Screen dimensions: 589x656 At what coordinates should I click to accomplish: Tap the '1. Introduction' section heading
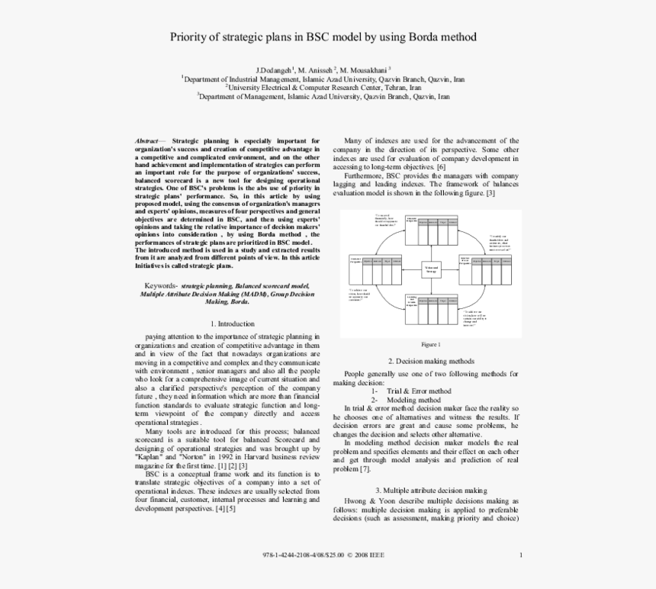230,323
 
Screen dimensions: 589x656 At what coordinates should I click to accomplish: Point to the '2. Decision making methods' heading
431,361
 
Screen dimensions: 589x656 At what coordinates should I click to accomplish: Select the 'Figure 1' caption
431,343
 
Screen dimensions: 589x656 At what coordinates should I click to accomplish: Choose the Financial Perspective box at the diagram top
412,222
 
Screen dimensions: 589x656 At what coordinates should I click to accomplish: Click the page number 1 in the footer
520,555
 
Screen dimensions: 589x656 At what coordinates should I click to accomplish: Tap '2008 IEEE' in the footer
362,555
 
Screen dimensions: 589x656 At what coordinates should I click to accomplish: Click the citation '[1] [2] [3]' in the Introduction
232,465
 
